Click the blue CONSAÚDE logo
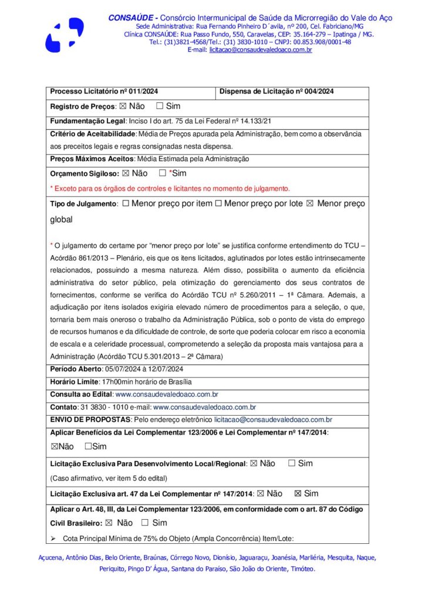(64, 35)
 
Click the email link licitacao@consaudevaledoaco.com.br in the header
(260, 50)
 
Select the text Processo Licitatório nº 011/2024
(104, 92)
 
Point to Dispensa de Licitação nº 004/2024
(277, 92)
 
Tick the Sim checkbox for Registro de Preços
(160, 106)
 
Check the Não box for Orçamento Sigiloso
(126, 173)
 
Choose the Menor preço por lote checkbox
(218, 204)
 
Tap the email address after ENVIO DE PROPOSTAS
(273, 420)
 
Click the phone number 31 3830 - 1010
(103, 407)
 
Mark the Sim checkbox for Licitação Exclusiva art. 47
(298, 494)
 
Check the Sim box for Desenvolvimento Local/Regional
(292, 463)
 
